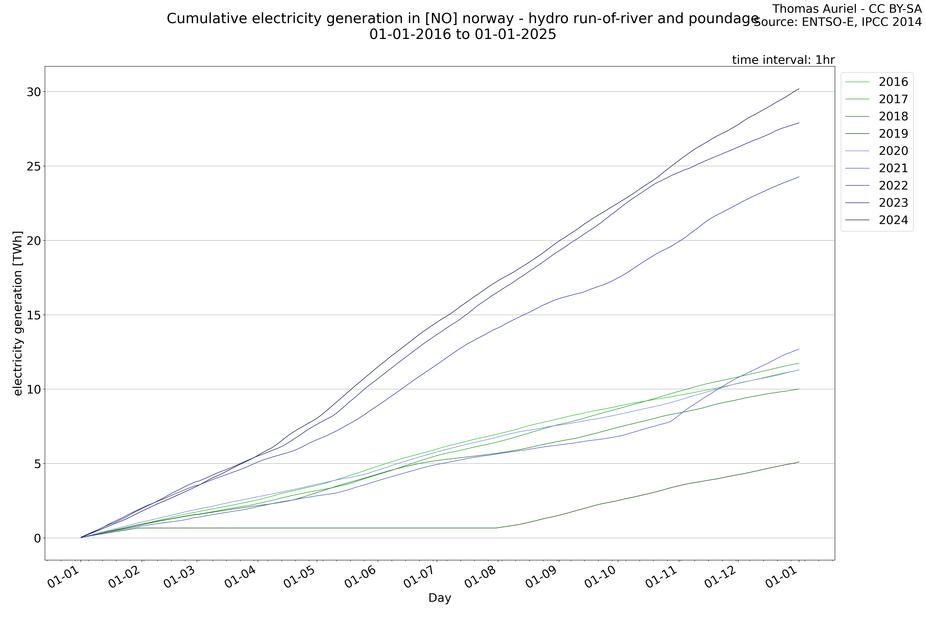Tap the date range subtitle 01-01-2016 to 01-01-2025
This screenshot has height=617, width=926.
(x=463, y=35)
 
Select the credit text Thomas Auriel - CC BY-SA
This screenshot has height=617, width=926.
(x=847, y=9)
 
